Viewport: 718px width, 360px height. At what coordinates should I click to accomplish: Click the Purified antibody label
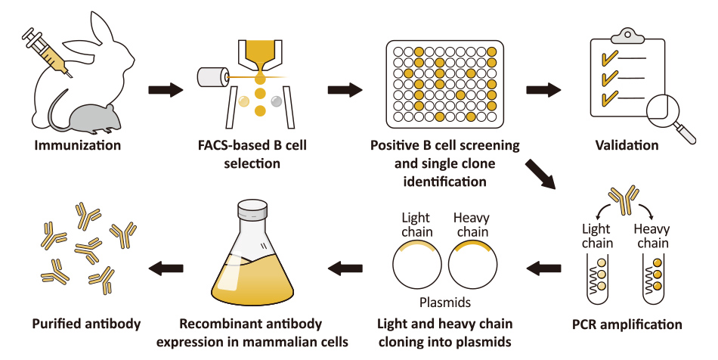click(86, 324)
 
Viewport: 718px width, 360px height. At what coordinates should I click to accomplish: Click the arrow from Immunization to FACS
click(165, 90)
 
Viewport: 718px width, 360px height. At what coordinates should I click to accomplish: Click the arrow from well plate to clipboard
click(543, 90)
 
